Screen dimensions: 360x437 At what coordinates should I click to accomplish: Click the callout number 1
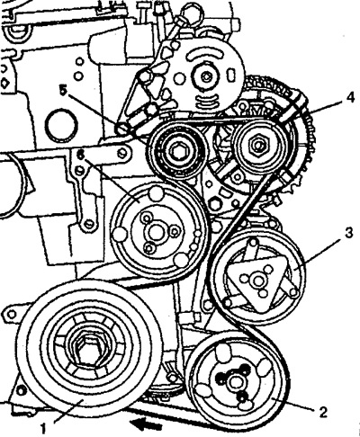coord(43,429)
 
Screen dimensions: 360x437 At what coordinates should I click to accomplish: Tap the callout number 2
coord(323,413)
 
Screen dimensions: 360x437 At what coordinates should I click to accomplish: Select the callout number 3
coord(348,233)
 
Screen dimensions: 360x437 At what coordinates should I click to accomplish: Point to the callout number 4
coord(350,98)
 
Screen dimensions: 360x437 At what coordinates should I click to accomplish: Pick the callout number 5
coord(63,90)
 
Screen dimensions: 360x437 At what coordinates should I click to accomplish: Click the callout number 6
coord(80,155)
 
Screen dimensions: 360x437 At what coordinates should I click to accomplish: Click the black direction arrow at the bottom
coord(146,425)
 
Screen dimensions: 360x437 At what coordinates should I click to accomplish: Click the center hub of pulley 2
coord(235,381)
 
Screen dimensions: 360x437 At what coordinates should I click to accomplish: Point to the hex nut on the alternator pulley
coord(258,145)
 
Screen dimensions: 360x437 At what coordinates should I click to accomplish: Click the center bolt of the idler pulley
coord(177,150)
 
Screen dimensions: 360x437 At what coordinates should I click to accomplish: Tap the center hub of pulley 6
coord(156,232)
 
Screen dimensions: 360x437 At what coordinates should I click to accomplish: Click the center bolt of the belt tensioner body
coord(206,77)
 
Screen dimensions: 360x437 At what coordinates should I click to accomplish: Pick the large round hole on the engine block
coord(62,125)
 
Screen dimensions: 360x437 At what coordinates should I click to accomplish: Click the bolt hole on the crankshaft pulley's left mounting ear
coord(12,314)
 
